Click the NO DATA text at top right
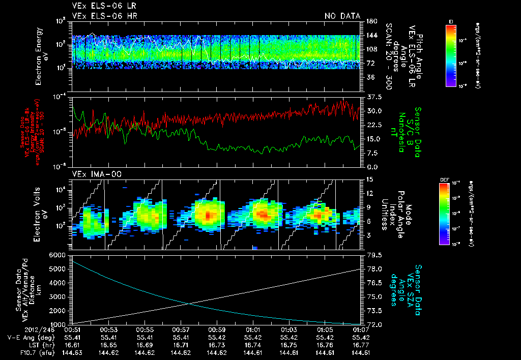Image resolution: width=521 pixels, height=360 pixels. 342,16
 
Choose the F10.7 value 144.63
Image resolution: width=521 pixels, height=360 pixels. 73,352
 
